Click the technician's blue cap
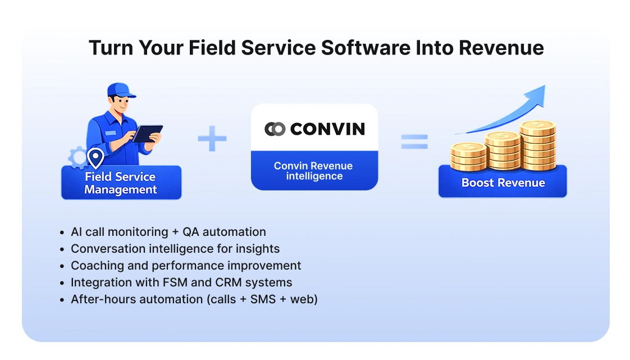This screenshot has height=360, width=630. coord(119,90)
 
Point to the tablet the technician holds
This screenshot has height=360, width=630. coord(147,133)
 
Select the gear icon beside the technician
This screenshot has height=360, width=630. coord(77,158)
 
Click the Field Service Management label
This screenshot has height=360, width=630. coord(121,183)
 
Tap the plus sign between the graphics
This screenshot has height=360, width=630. coord(212,139)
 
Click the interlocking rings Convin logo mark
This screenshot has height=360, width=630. coord(275,129)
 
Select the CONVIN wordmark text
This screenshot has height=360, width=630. coord(327,129)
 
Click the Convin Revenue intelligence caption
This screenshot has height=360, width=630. coord(313,171)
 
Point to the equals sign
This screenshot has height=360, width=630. coord(414,141)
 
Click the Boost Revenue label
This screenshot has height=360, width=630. coord(503,183)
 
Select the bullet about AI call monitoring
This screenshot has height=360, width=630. coord(168,231)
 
